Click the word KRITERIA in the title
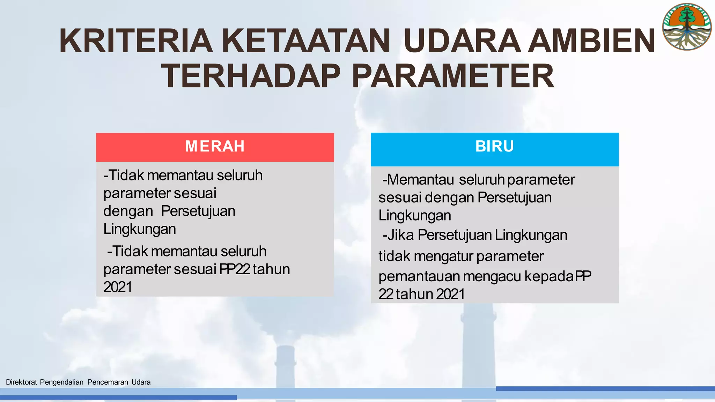pos(136,41)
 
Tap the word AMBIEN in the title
pos(591,41)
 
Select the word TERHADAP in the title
pos(251,76)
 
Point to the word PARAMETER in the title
pos(453,76)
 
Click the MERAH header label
pos(215,146)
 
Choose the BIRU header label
pos(494,146)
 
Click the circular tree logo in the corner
pos(687,27)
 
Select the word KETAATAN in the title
pos(306,41)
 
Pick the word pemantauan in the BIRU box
pos(419,276)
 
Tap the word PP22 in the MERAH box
pos(235,269)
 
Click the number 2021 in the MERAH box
pos(118,287)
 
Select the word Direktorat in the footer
pos(21,382)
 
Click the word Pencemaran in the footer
pos(108,382)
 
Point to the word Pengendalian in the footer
pos(62,382)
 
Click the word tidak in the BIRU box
pos(395,256)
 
